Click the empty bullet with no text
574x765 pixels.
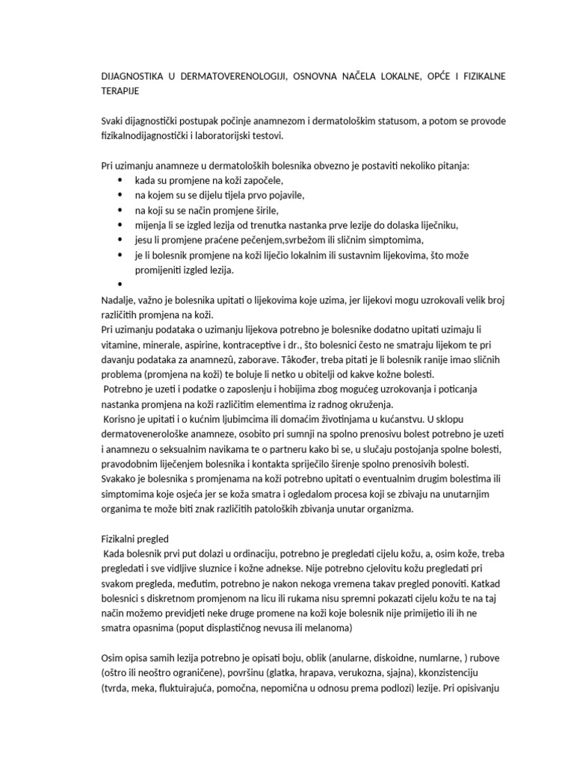[120, 285]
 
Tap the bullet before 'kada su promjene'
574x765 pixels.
[120, 180]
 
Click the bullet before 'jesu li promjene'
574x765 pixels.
[120, 240]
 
